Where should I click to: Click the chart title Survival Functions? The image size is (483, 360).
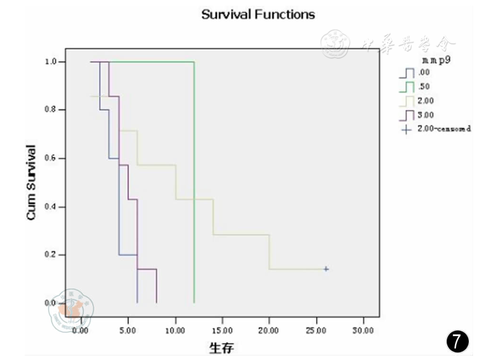[x=258, y=14]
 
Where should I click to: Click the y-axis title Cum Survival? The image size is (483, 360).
[x=31, y=182]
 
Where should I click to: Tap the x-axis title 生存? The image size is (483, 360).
[x=221, y=348]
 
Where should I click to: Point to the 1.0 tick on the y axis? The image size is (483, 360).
[x=52, y=62]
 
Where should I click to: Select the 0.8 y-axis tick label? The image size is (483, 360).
[x=52, y=110]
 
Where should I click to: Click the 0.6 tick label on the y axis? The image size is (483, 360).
[x=52, y=158]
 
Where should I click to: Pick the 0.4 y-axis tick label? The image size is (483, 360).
[x=52, y=207]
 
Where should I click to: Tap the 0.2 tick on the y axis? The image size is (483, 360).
[x=52, y=255]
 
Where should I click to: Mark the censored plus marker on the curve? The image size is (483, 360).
[x=326, y=269]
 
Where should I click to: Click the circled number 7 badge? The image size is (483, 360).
[x=457, y=341]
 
